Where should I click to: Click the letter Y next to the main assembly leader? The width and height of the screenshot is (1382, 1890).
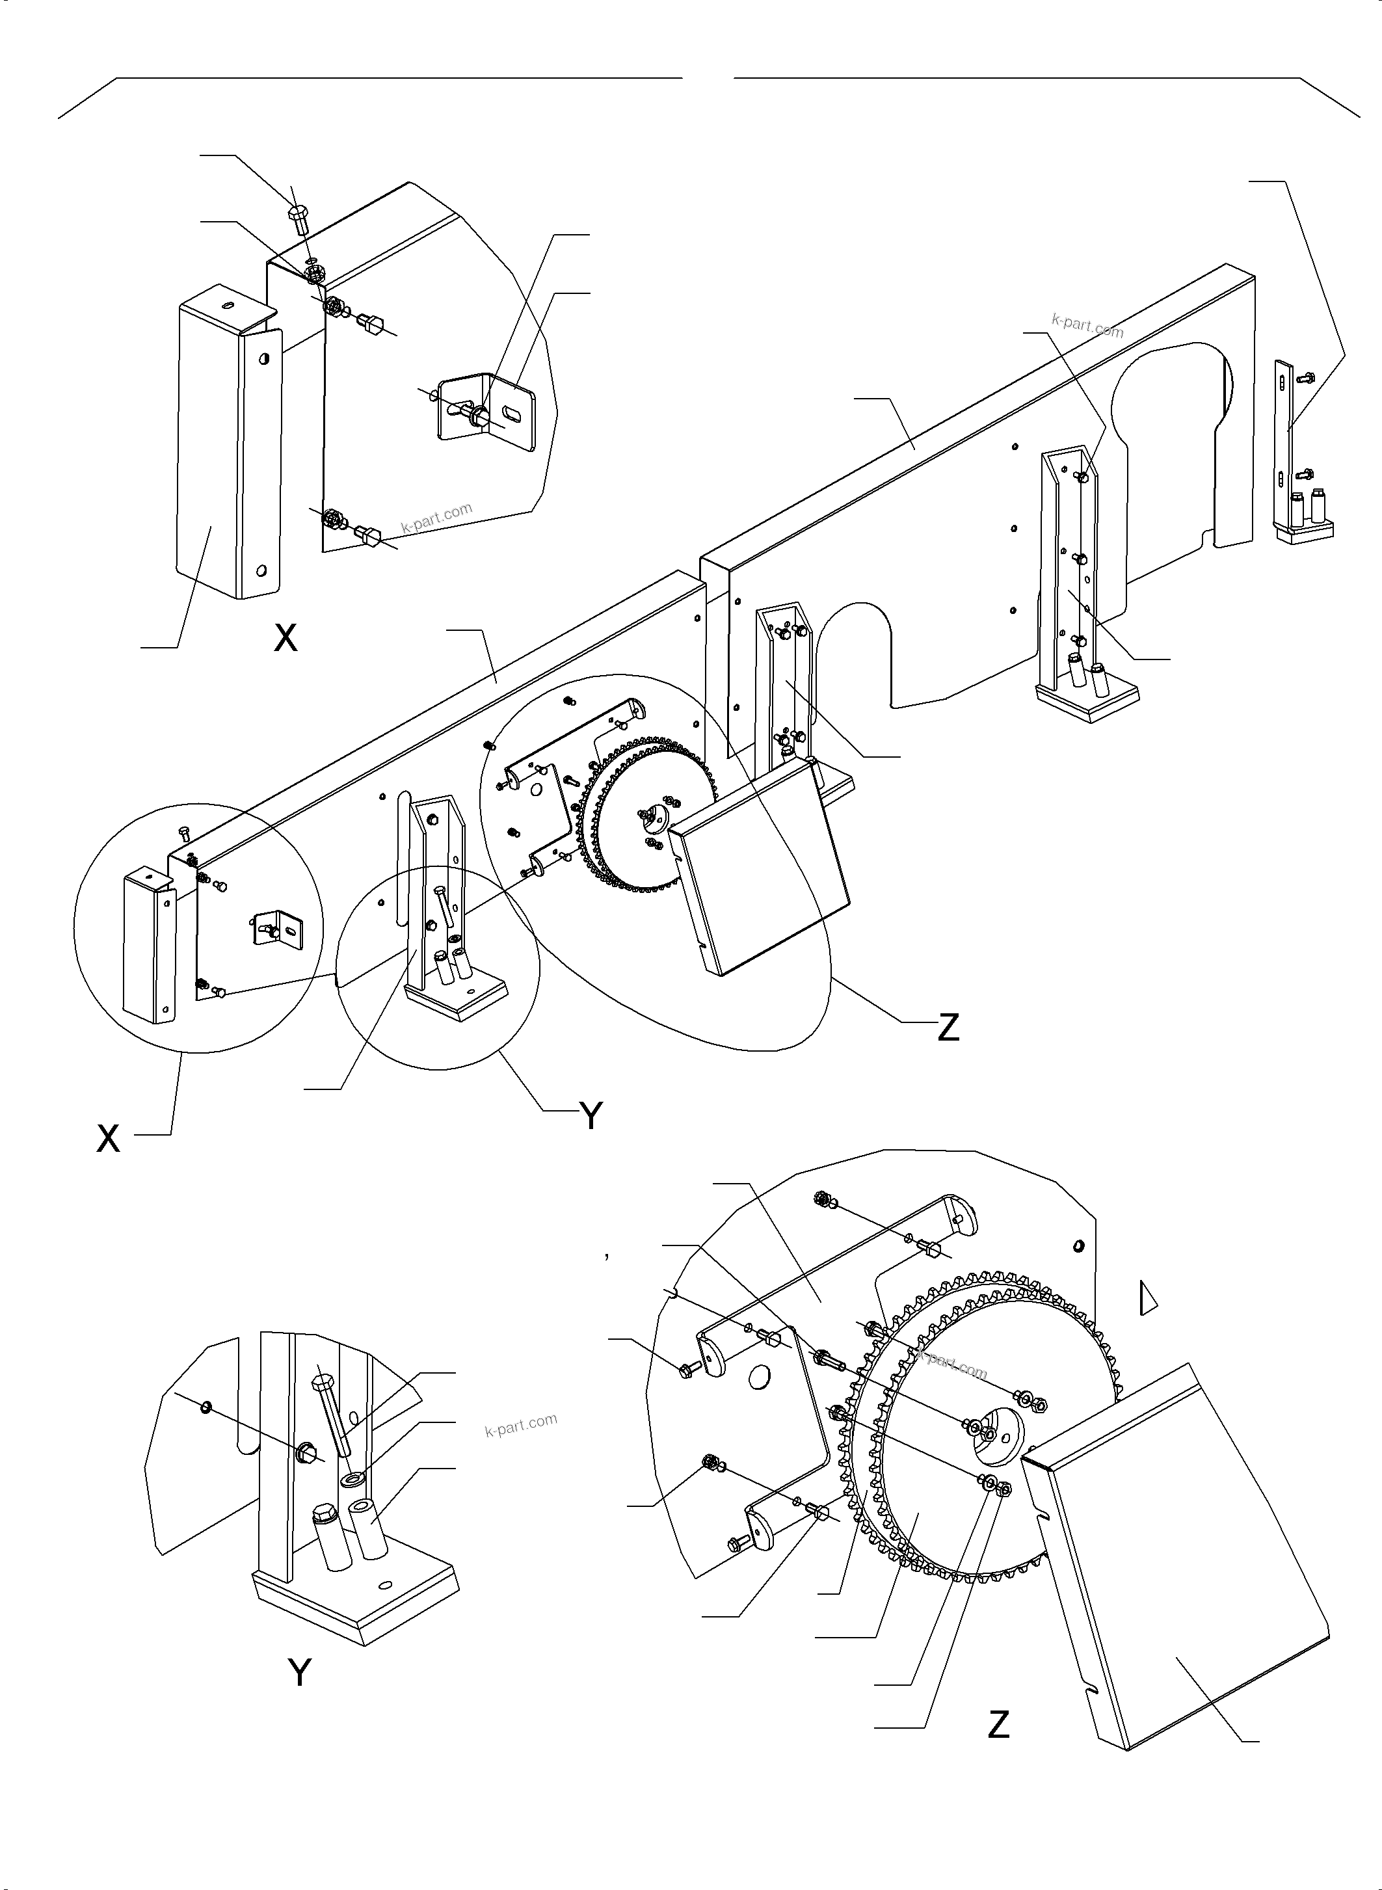[591, 1115]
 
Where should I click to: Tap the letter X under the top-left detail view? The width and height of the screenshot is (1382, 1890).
[286, 639]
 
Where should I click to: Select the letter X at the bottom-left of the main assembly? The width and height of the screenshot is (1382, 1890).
[108, 1139]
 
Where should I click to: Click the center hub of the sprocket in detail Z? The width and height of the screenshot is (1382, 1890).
[990, 1432]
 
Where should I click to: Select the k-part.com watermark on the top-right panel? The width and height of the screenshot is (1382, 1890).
[1087, 325]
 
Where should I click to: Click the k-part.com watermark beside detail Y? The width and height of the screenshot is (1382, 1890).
[520, 1424]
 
